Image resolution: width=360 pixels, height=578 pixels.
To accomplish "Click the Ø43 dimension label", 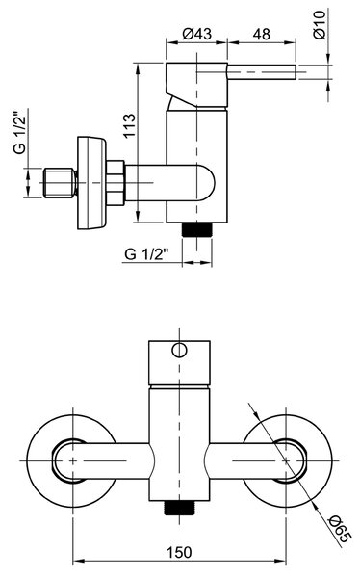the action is (196, 34).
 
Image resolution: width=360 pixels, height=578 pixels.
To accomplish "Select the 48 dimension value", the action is (261, 34).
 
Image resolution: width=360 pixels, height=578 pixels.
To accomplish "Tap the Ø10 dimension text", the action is (320, 24).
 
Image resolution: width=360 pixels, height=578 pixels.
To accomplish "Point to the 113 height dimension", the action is (129, 125).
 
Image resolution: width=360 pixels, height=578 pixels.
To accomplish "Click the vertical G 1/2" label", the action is (20, 132).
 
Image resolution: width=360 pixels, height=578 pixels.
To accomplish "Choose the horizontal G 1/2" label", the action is (146, 254).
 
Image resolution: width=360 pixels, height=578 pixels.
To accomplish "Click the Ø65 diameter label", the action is (339, 529).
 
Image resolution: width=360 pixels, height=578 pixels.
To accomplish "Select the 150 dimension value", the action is (179, 552).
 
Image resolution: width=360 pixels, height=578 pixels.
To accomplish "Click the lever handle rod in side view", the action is (262, 72).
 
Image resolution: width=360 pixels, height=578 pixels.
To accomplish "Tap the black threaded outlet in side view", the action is (197, 229).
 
